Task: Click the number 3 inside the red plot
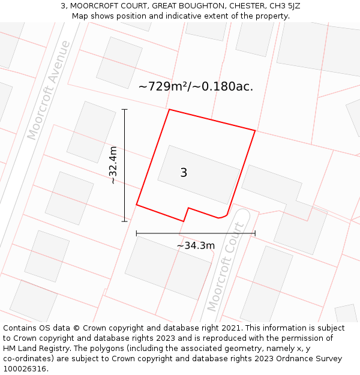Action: pos(184,173)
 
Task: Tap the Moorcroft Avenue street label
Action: pos(49,90)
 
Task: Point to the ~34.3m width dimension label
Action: pos(196,245)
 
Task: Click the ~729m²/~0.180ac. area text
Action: pos(196,86)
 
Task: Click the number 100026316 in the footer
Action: pos(24,369)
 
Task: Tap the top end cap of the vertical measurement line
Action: pos(125,110)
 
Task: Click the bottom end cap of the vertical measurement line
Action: pos(125,221)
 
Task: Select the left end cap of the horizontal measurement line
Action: pos(137,233)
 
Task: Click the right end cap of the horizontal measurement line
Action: pos(255,233)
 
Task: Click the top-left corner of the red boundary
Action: pos(169,110)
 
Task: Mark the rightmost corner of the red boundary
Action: pos(255,130)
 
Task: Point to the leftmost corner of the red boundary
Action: pos(137,205)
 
